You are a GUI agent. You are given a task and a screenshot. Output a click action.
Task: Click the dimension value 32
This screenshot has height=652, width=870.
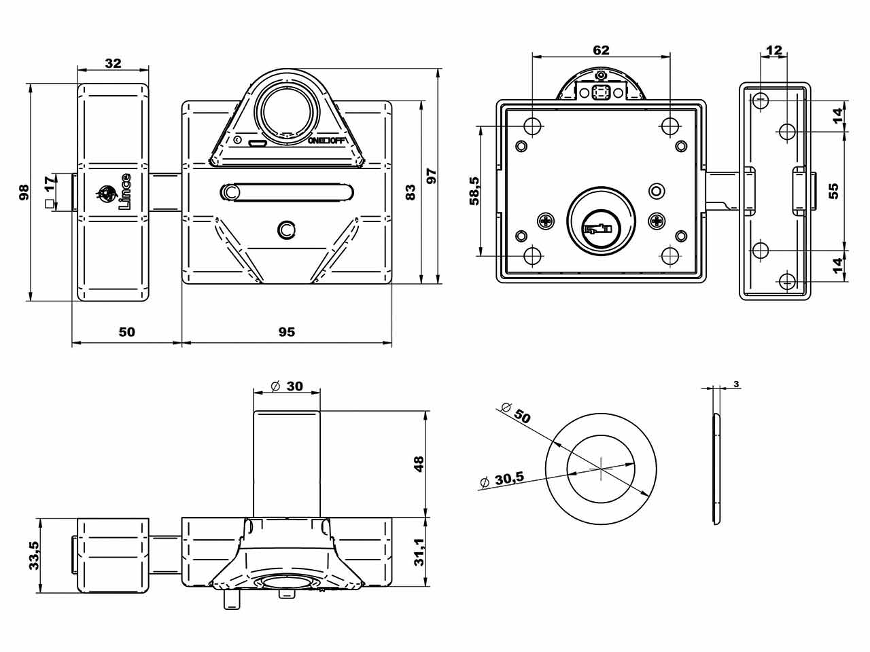(113, 63)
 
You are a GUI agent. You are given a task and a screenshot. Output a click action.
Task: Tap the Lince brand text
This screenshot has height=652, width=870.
(124, 192)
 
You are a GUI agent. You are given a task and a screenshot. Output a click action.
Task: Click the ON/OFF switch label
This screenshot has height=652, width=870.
(327, 141)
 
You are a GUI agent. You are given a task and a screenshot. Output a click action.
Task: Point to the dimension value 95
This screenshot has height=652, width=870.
(287, 332)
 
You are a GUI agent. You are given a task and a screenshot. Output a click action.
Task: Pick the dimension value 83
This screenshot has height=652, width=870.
(410, 192)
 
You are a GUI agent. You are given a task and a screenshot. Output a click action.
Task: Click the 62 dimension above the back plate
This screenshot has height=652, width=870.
(601, 50)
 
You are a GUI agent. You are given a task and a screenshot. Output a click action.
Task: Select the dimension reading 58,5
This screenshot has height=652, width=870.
(474, 191)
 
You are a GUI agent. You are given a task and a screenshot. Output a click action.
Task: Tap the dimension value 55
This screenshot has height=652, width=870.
(835, 190)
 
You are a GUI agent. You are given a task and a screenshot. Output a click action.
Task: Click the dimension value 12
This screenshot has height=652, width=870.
(773, 50)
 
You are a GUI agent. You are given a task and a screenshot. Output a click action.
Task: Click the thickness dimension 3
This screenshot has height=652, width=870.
(737, 384)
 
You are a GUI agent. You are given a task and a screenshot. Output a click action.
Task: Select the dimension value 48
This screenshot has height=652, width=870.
(419, 464)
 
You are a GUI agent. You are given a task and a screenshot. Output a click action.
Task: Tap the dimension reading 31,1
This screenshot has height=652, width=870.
(419, 551)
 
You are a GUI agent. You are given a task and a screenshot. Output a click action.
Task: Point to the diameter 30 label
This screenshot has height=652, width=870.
(286, 386)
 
